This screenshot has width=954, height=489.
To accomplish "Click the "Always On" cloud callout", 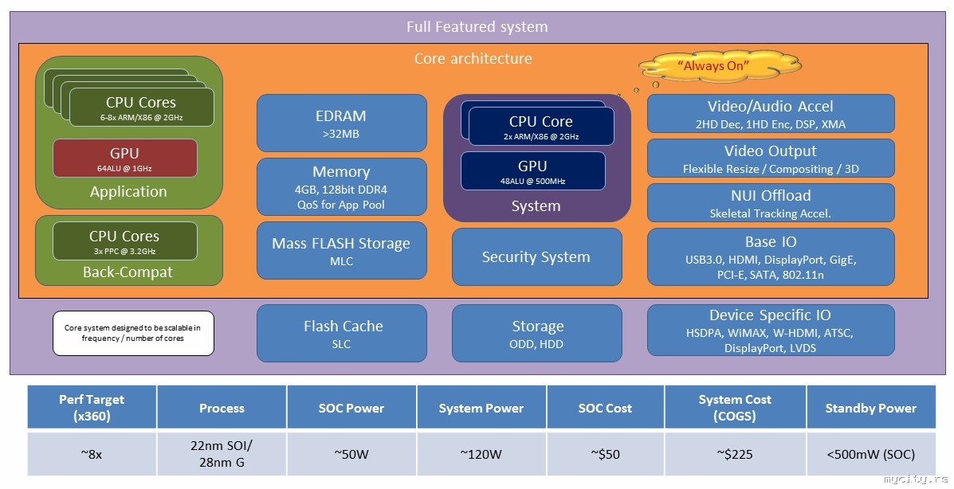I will (719, 65).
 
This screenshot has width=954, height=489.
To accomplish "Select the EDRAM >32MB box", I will (342, 123).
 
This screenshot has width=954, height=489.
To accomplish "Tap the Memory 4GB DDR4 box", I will (342, 187).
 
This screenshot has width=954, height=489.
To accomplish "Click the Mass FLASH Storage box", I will (342, 250).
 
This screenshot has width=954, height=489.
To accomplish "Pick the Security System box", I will (536, 256).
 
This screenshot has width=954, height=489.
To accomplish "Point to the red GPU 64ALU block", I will (124, 158).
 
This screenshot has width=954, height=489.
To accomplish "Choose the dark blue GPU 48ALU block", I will (532, 170).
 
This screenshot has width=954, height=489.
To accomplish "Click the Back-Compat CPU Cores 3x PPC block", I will (124, 241).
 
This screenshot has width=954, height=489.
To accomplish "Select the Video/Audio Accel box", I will (770, 113).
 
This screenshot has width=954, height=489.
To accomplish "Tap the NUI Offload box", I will (770, 202).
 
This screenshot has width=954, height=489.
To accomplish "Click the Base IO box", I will (770, 256).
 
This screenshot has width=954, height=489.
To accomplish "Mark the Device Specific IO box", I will (770, 331).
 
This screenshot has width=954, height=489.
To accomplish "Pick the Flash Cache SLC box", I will (342, 333).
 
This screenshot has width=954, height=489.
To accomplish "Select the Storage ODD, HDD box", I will (536, 333).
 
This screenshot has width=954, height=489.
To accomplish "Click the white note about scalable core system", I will (133, 333).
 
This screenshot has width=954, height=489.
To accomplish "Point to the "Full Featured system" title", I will (477, 26).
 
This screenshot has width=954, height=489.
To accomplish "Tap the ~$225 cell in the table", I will (734, 455).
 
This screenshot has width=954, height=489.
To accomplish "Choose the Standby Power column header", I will (870, 408).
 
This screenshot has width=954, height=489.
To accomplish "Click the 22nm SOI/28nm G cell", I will (222, 455).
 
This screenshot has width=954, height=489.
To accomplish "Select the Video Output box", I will (770, 158).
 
